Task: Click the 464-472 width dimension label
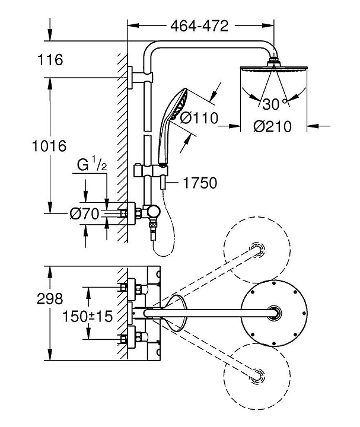click(x=199, y=26)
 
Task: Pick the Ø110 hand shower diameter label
click(x=199, y=117)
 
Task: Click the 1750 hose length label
click(x=200, y=183)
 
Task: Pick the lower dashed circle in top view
click(x=259, y=375)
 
